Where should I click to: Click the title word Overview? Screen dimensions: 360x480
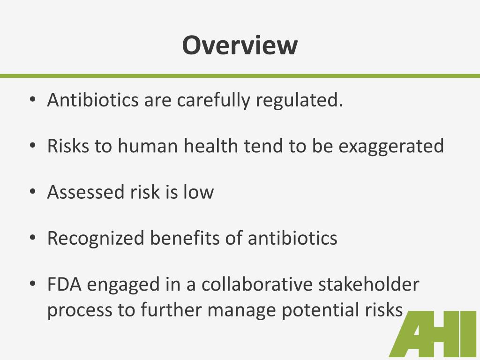240,45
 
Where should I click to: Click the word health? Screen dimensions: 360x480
211,146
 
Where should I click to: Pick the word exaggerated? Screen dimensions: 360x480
391,146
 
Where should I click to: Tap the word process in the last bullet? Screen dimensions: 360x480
75,311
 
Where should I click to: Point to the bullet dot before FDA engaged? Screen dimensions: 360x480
32,285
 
